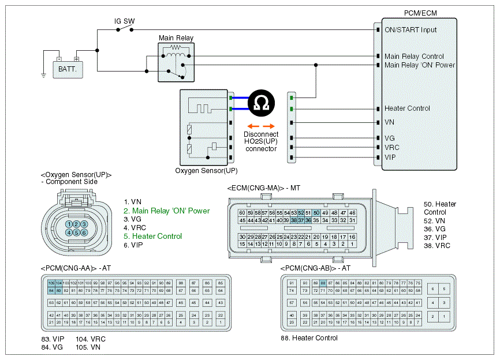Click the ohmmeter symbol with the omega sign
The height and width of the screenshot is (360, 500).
pos(261,103)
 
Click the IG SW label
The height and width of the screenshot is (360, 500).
pos(124,21)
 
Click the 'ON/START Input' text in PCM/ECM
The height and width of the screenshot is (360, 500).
pos(411,29)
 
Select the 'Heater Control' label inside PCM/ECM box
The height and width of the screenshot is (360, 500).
pos(407,108)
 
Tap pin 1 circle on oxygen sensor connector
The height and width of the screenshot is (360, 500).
pos(69,224)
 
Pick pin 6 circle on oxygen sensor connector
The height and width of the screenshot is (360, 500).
pos(84,232)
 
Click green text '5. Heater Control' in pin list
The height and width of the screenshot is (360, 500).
pos(152,236)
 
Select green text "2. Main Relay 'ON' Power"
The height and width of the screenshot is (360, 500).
pos(166,211)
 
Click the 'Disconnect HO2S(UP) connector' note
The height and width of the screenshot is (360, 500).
pos(260,141)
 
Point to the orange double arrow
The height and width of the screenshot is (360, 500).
pos(260,126)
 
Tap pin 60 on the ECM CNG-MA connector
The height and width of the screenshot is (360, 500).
pos(242,213)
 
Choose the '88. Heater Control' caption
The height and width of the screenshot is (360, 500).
pos(309,338)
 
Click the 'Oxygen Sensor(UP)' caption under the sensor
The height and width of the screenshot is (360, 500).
pos(206,171)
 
